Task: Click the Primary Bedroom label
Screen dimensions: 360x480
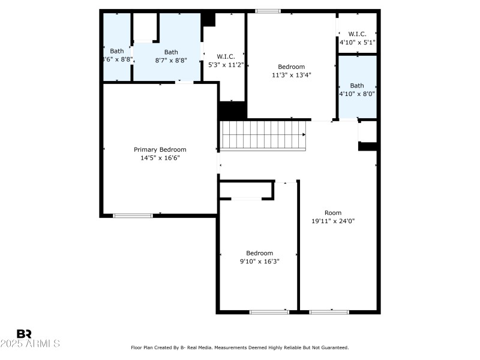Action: tap(160, 149)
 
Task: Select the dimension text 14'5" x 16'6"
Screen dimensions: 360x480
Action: tap(160, 158)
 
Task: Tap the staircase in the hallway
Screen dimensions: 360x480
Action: tap(263, 136)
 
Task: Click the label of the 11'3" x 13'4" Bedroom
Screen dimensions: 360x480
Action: tap(291, 67)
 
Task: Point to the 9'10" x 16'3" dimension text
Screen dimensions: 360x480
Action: tap(259, 261)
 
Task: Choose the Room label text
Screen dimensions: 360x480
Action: tap(333, 212)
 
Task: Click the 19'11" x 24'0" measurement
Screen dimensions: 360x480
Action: tap(333, 221)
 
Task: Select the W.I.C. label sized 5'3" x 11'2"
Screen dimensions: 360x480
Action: tap(226, 56)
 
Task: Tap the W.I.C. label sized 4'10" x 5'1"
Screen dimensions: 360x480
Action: tap(357, 34)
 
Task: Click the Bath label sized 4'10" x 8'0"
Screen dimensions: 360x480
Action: tap(357, 85)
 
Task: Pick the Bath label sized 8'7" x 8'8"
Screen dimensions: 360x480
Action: tap(171, 52)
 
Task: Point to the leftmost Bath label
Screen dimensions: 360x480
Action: tap(116, 51)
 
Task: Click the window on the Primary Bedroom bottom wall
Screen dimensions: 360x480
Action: tap(133, 215)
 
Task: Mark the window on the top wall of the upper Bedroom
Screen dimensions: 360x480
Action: tap(268, 11)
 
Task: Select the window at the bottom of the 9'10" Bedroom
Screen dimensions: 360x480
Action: tap(269, 312)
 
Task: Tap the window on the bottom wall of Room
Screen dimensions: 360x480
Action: tap(329, 312)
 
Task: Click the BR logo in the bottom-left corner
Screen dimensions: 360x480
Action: tap(24, 333)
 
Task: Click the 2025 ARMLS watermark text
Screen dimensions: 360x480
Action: tap(30, 344)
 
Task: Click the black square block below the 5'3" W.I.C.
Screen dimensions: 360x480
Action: tap(233, 110)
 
